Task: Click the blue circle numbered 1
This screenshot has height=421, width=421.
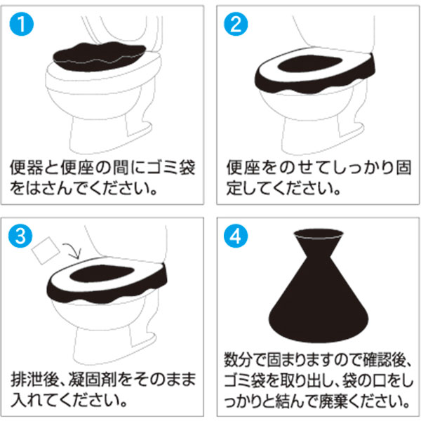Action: click(22, 24)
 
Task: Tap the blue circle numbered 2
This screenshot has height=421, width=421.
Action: click(236, 24)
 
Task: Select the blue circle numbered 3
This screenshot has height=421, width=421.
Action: click(20, 236)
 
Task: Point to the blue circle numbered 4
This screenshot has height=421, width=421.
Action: click(236, 236)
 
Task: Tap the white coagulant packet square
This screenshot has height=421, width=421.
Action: click(46, 250)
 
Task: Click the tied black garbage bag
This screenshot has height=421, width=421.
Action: click(319, 286)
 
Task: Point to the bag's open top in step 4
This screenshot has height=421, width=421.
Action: click(319, 234)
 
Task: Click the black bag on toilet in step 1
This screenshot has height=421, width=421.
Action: click(100, 56)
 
